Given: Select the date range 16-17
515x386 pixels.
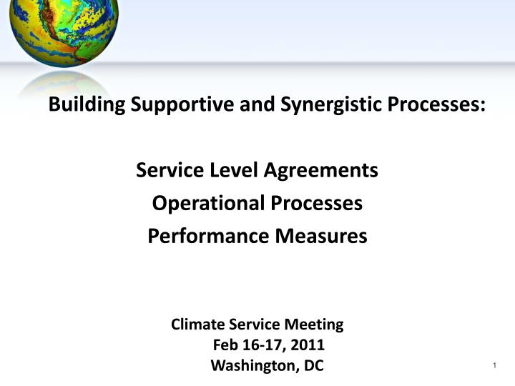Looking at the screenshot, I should (261, 345).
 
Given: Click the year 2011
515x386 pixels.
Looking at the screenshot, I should (308, 345).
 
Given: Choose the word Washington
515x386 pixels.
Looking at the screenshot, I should (255, 366).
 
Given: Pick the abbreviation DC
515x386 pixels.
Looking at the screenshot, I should (314, 366).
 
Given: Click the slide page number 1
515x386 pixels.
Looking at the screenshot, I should (494, 367).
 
